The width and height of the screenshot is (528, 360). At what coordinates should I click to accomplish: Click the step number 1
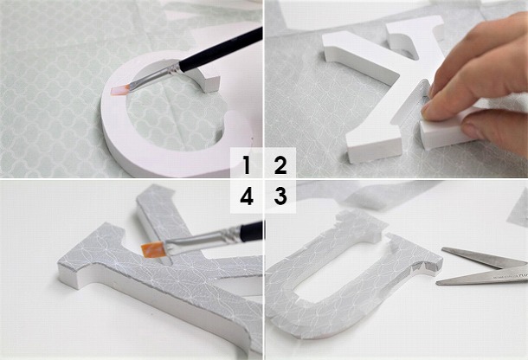point(247,164)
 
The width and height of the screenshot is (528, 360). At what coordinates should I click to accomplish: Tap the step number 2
point(280,164)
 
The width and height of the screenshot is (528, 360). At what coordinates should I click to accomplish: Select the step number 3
point(280,196)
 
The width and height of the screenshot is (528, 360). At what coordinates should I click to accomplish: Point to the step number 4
point(247,196)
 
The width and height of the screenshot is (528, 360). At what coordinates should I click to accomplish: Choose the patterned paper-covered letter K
point(130,268)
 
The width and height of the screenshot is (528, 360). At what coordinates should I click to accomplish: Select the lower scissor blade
point(480,277)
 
